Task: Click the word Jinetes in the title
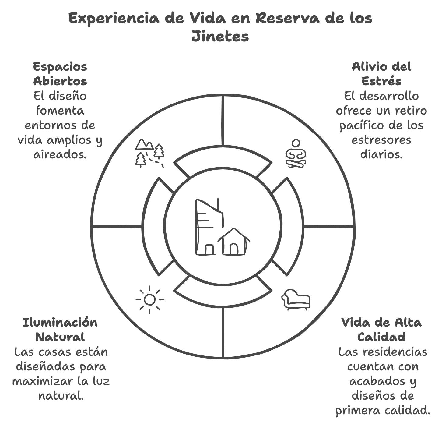point(220,36)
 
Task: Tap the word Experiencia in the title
point(114,19)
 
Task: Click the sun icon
point(149,299)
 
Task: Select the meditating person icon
point(296,154)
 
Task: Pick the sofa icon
point(296,299)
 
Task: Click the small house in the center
point(234,242)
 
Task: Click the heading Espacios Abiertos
point(60,74)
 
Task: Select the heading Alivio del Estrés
point(381,74)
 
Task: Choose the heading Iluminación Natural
point(60,330)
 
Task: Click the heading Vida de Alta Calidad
point(381,330)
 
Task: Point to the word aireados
point(60,154)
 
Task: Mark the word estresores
point(381,140)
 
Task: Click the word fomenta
point(60,111)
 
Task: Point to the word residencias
point(395,352)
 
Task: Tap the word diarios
point(381,154)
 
